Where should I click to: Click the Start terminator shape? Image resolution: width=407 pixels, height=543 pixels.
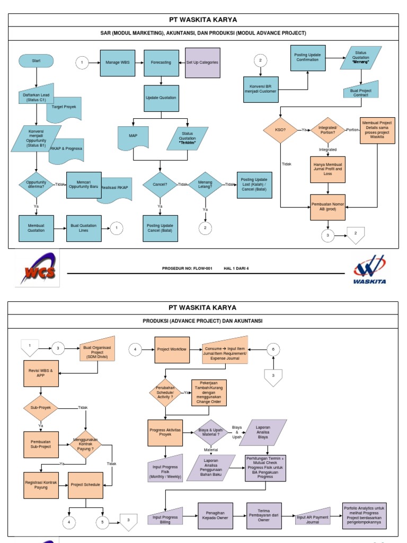point(36,62)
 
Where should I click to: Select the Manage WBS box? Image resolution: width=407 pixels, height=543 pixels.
point(117,62)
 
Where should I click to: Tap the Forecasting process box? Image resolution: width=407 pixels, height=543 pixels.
point(161,62)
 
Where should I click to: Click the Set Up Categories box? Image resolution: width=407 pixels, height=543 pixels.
point(202,62)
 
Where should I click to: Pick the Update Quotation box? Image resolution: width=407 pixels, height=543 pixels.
point(161,98)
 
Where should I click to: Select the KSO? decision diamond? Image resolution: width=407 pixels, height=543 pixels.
point(280,130)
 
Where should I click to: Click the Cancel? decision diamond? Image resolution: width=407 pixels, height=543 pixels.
point(160,185)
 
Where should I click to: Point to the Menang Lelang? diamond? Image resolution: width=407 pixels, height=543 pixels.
point(205,185)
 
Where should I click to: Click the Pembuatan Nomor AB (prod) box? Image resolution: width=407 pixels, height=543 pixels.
point(329,207)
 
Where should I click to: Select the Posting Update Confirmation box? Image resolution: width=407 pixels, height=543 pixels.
point(308,58)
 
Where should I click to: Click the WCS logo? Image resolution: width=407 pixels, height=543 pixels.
point(37,269)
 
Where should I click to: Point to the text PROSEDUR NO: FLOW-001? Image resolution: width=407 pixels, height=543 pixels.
point(187,269)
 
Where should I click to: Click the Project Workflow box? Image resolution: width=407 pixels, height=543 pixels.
point(172,349)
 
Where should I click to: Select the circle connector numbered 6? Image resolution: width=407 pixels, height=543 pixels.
point(273,349)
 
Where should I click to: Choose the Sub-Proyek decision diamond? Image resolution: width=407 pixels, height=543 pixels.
point(40,407)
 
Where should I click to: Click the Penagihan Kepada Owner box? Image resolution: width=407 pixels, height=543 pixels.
point(215,516)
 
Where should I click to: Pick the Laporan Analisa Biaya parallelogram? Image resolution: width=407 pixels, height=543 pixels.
point(263,433)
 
